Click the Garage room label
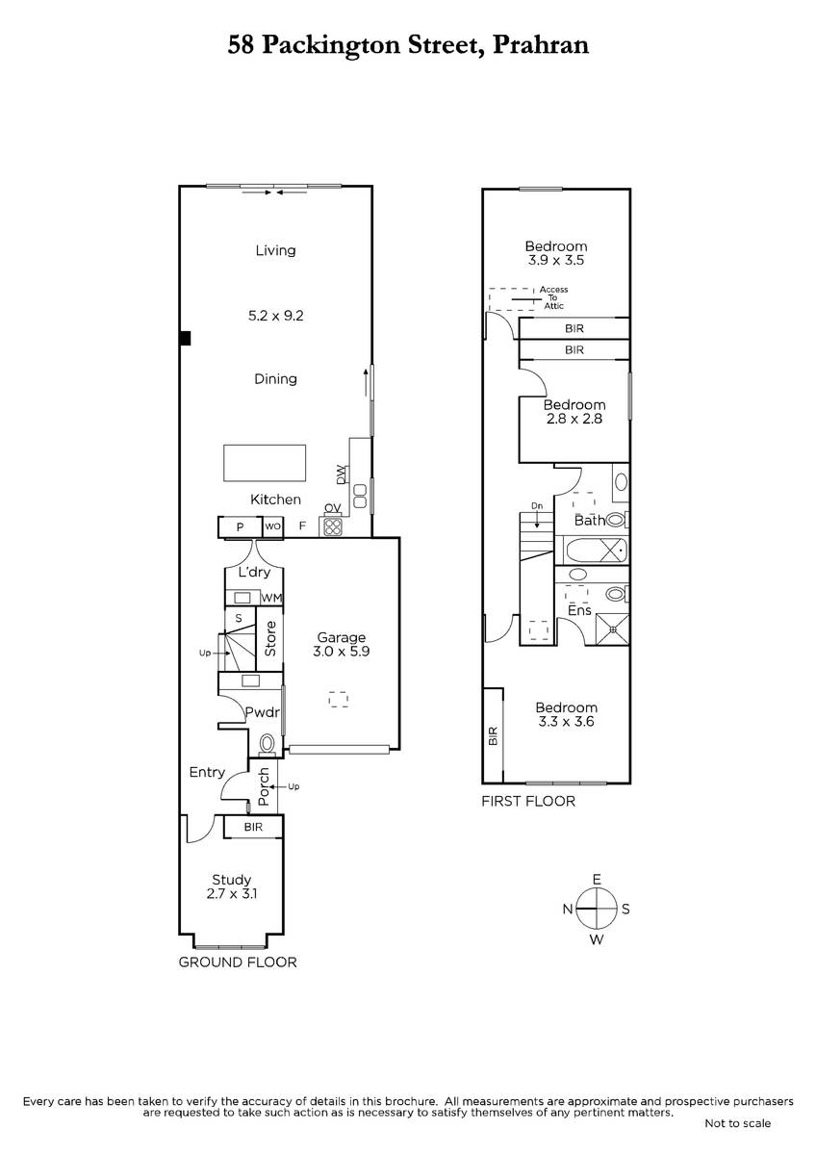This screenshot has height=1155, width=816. (x=341, y=637)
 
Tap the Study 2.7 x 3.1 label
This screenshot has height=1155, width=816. (x=232, y=886)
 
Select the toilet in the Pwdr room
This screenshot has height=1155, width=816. (x=267, y=744)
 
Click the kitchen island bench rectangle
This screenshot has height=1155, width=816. (x=265, y=463)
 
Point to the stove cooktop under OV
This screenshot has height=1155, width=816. (x=333, y=526)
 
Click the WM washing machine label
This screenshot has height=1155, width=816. (x=271, y=598)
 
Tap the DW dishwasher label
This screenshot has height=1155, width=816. (x=341, y=475)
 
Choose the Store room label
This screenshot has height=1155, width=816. (x=270, y=639)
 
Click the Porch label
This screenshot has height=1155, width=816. (x=264, y=787)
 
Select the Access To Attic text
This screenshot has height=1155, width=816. (x=553, y=297)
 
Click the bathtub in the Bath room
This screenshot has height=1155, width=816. (x=597, y=551)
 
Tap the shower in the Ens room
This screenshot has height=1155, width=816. (x=612, y=629)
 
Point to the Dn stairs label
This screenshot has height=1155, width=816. (x=537, y=506)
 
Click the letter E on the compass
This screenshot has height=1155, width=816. (x=597, y=879)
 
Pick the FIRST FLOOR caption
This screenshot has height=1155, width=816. (x=528, y=801)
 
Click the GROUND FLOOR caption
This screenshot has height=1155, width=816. (x=238, y=962)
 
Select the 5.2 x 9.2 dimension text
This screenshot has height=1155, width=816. (x=276, y=316)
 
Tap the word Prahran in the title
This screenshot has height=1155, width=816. (x=541, y=45)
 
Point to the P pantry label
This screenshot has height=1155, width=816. (x=240, y=527)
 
